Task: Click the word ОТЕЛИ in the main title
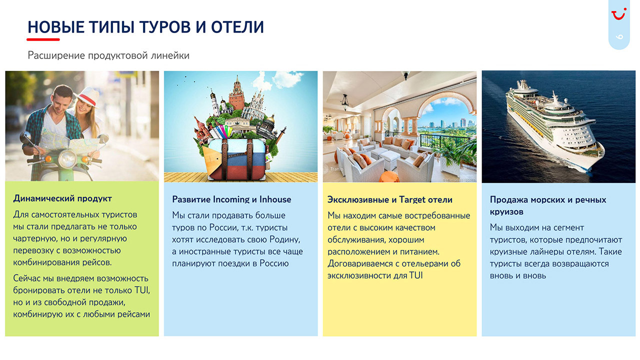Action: (x=237, y=27)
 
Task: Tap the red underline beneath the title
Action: (x=43, y=39)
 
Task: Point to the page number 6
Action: (x=619, y=37)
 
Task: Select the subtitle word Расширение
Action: (x=56, y=55)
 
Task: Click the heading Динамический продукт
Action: (x=62, y=198)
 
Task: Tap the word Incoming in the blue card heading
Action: (x=231, y=199)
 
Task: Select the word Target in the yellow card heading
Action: (x=412, y=200)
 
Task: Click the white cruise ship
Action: (x=554, y=125)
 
